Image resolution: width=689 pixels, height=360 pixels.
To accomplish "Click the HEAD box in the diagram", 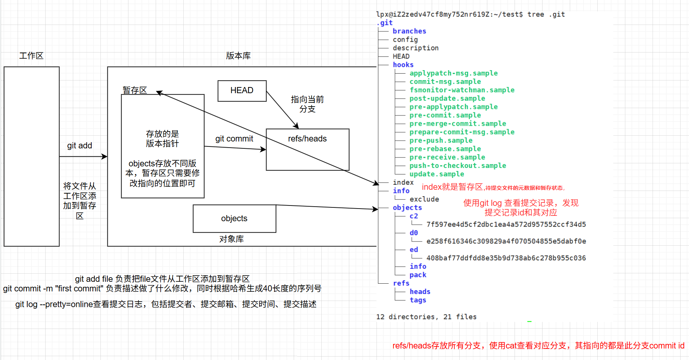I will [x=242, y=91].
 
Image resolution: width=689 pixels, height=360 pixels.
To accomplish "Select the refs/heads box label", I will [x=307, y=139].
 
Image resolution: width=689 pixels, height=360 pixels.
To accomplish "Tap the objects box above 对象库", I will [x=234, y=219].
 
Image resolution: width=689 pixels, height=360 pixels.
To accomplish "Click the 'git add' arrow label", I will [x=79, y=146].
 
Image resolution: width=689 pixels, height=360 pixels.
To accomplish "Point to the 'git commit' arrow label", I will [x=234, y=139].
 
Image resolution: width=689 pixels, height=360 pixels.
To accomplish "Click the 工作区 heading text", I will [x=31, y=56].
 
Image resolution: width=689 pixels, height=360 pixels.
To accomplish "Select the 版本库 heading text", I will [x=238, y=56].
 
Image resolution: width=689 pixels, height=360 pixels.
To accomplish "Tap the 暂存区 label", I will [x=135, y=90].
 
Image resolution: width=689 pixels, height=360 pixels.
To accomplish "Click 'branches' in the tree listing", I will [x=409, y=31].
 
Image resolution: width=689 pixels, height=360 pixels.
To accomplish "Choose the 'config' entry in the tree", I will [x=405, y=40].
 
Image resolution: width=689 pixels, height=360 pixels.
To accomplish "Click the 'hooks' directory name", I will [x=403, y=65].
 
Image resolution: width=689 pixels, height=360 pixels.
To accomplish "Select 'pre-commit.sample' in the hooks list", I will [x=445, y=115].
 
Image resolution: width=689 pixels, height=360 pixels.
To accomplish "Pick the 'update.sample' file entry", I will [x=436, y=174].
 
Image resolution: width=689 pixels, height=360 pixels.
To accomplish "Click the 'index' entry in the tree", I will [x=403, y=182].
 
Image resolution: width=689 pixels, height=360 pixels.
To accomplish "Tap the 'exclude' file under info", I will [x=424, y=199].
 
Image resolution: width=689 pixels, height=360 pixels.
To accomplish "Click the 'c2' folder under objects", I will [x=413, y=216].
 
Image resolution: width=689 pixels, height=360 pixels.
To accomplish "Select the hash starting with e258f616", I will [x=506, y=242].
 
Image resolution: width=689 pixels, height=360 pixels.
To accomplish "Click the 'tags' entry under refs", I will [x=418, y=300].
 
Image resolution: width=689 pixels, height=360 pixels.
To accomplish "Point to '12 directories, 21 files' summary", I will [x=426, y=317].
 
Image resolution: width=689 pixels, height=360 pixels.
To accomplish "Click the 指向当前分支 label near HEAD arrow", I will [x=307, y=104].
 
